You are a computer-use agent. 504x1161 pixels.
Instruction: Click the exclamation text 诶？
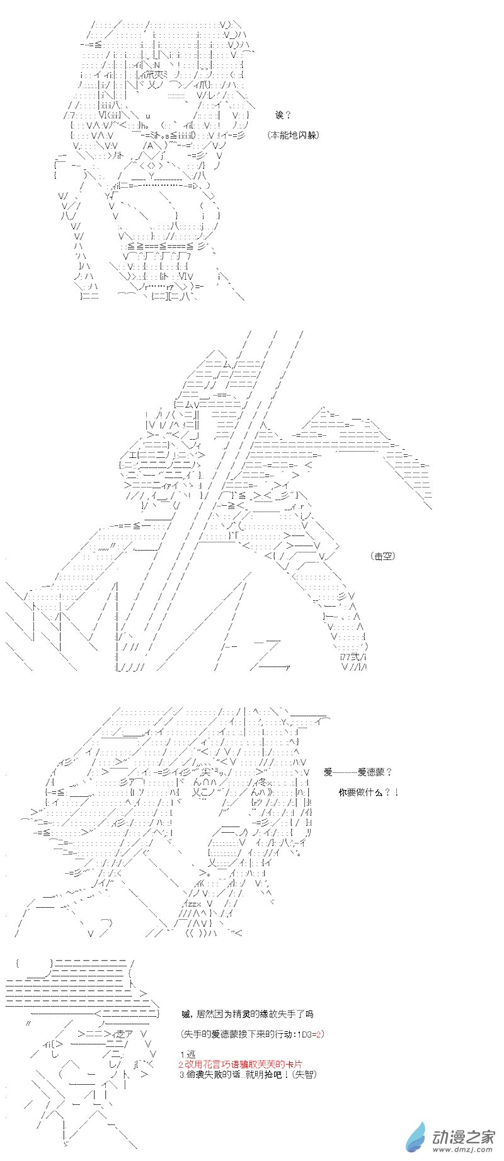(283, 115)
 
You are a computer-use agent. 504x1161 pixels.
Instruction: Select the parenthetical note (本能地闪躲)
(292, 135)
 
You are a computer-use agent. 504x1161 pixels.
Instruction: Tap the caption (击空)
(384, 556)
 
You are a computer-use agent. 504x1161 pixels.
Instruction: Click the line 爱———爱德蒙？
(358, 772)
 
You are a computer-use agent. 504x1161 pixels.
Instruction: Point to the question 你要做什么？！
(369, 792)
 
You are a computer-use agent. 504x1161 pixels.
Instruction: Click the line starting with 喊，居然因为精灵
(246, 1014)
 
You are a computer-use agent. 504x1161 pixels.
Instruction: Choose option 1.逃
(188, 1055)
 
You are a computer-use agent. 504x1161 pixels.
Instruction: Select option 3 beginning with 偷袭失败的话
(237, 1074)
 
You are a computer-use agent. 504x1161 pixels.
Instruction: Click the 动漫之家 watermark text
(463, 1134)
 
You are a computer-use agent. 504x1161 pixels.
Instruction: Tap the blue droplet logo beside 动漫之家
(416, 1138)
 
